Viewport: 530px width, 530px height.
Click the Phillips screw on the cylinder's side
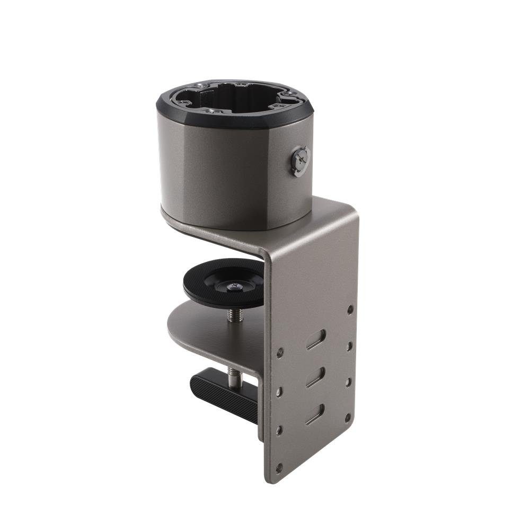click(x=301, y=161)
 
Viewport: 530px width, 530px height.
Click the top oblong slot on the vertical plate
click(x=316, y=339)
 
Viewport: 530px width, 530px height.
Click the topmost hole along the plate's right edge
click(x=350, y=308)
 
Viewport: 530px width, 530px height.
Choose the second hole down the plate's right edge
click(x=349, y=346)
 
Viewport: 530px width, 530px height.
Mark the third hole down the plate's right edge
click(x=348, y=382)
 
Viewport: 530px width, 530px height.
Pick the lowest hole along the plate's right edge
click(x=348, y=418)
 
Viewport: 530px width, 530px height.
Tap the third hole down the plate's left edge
click(x=279, y=430)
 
